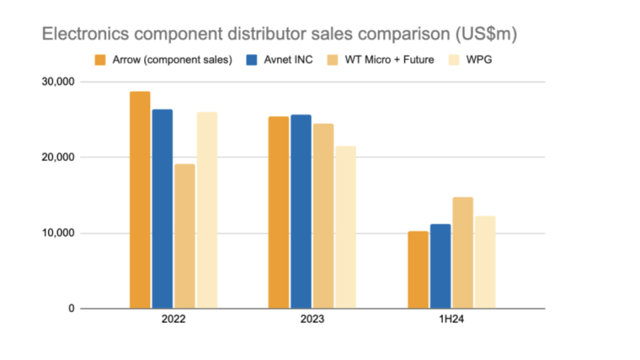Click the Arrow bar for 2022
(140, 200)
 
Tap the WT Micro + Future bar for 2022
(185, 236)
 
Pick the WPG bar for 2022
(207, 210)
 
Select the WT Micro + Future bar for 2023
(323, 216)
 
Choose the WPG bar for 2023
(345, 227)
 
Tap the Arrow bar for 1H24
(418, 269)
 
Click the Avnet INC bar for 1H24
(440, 266)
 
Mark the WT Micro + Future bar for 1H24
(463, 253)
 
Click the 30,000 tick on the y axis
(57, 81)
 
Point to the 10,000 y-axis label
(57, 233)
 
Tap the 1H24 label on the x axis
(451, 319)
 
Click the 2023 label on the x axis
(312, 319)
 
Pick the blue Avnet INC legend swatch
(251, 59)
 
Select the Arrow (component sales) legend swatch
(101, 59)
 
